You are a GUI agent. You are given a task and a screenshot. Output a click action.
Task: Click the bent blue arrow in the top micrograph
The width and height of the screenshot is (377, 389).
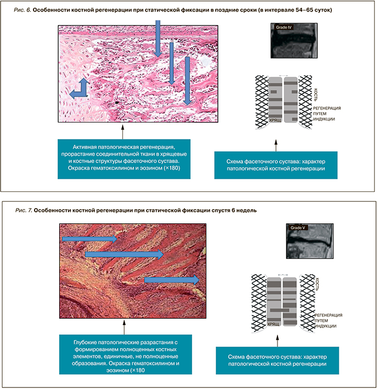pyautogui.click(x=78, y=91)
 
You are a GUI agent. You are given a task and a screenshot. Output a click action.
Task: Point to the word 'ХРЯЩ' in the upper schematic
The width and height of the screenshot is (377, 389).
pyautogui.click(x=275, y=120)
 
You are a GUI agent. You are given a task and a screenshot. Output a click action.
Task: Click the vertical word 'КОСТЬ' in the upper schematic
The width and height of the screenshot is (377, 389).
pyautogui.click(x=316, y=94)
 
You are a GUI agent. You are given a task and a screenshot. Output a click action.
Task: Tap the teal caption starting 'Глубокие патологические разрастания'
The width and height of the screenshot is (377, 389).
pyautogui.click(x=124, y=353)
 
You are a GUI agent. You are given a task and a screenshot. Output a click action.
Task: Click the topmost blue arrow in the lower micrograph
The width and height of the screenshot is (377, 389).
pyautogui.click(x=90, y=239)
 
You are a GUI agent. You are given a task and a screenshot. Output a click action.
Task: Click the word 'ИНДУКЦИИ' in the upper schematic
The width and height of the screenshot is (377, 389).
pyautogui.click(x=324, y=119)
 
